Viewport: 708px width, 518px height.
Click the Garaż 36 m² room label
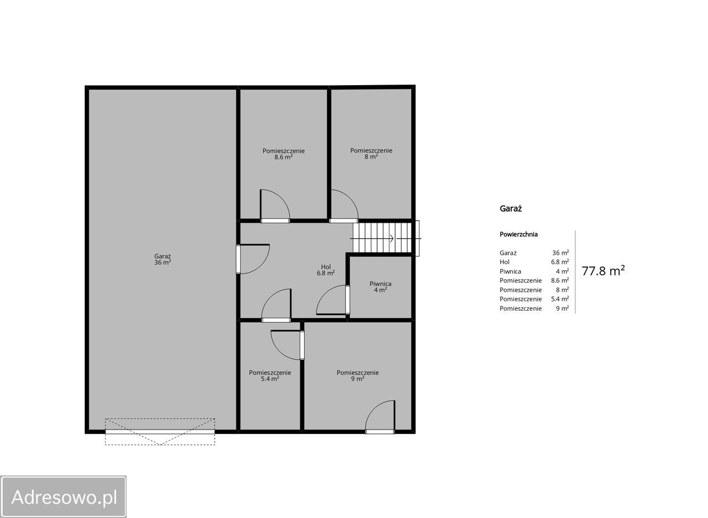click(x=163, y=259)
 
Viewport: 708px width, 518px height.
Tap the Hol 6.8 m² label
click(x=326, y=270)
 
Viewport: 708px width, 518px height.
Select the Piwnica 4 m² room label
click(x=380, y=286)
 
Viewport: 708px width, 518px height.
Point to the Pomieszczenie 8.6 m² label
click(x=284, y=154)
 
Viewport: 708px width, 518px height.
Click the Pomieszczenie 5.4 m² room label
click(x=270, y=375)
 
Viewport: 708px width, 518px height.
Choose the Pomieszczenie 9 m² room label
click(x=357, y=375)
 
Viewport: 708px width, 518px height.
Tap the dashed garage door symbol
click(x=160, y=432)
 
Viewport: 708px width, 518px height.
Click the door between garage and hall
click(x=253, y=259)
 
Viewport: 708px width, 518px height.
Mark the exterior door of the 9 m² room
click(x=380, y=417)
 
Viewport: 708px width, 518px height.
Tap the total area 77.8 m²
click(x=603, y=271)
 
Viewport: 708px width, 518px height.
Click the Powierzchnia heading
click(x=518, y=234)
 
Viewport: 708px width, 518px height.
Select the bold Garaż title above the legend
click(x=511, y=208)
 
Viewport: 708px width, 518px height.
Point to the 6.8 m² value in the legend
click(x=560, y=262)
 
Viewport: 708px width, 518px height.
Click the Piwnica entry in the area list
click(x=510, y=271)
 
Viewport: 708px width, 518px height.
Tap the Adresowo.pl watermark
click(x=63, y=497)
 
